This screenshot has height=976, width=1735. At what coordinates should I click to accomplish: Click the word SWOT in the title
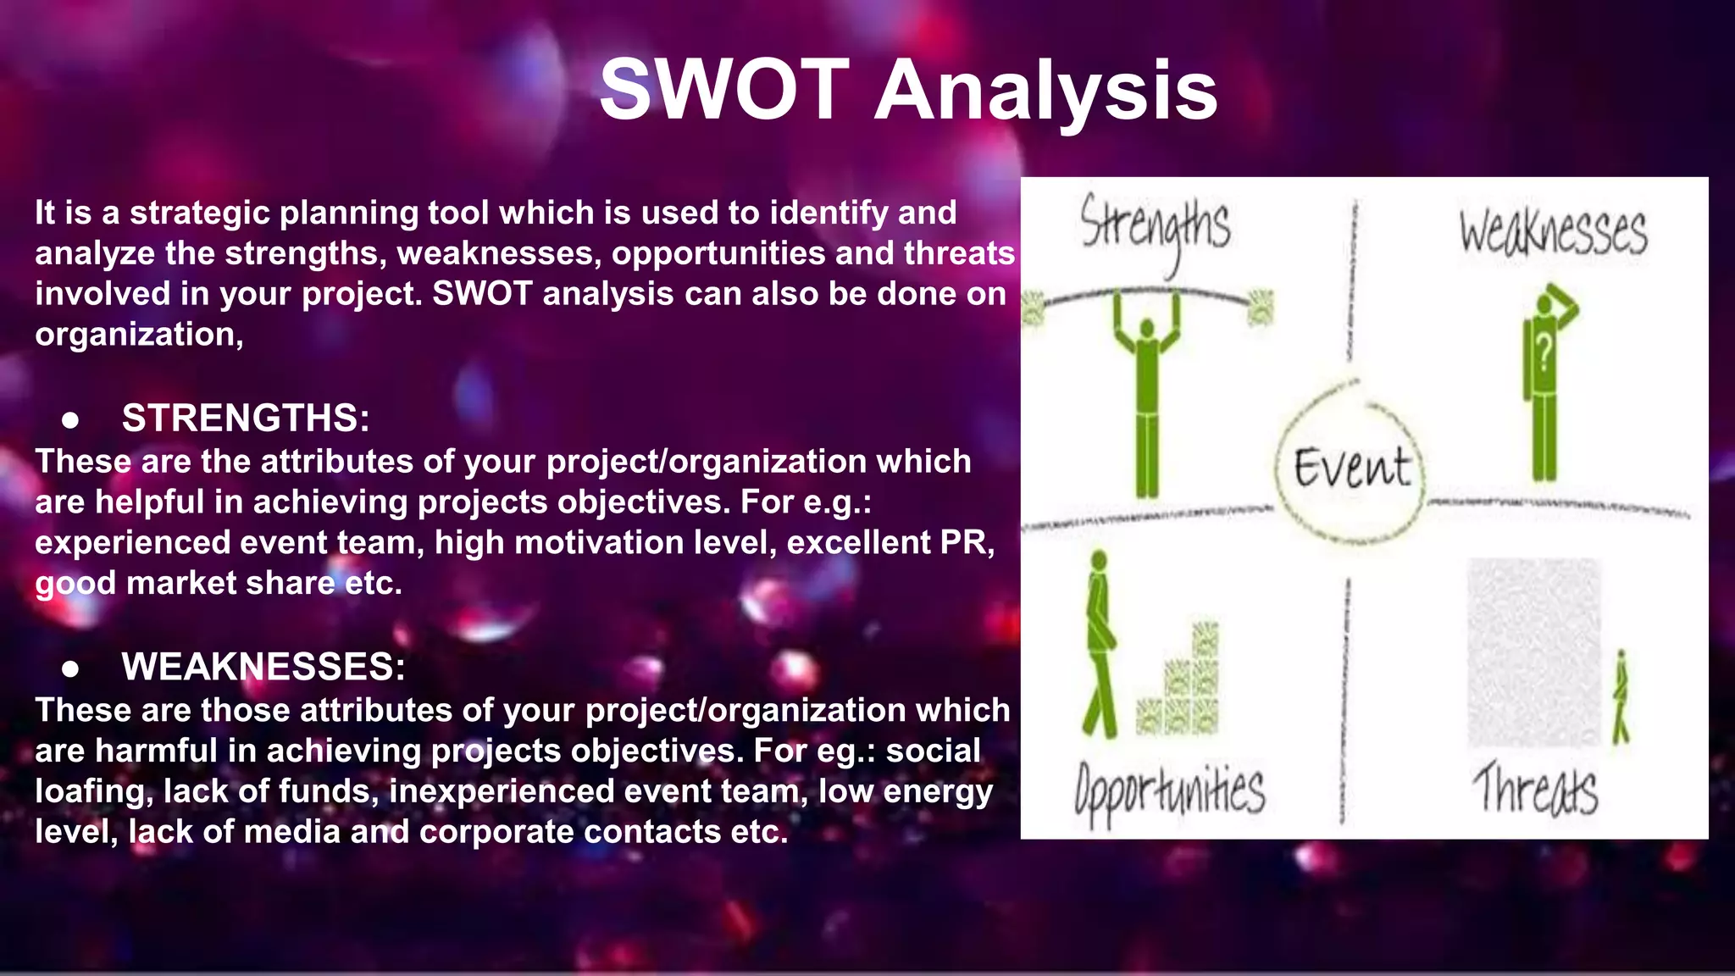coord(724,90)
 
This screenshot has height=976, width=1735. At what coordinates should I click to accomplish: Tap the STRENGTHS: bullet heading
coord(246,418)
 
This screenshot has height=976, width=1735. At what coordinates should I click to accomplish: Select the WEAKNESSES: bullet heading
coord(263,667)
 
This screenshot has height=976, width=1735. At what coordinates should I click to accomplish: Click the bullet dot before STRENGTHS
coord(71,419)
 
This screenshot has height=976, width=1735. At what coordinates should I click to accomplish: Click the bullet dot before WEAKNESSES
coord(71,668)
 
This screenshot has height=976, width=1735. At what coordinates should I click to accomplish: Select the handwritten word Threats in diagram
coord(1535,790)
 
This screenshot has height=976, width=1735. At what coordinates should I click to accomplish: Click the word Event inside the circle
coord(1352,468)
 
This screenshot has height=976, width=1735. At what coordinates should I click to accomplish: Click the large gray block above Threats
coord(1533,652)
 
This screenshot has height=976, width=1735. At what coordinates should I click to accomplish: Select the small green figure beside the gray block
coord(1621,698)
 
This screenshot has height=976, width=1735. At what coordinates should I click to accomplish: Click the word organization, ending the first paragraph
coord(139,335)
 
